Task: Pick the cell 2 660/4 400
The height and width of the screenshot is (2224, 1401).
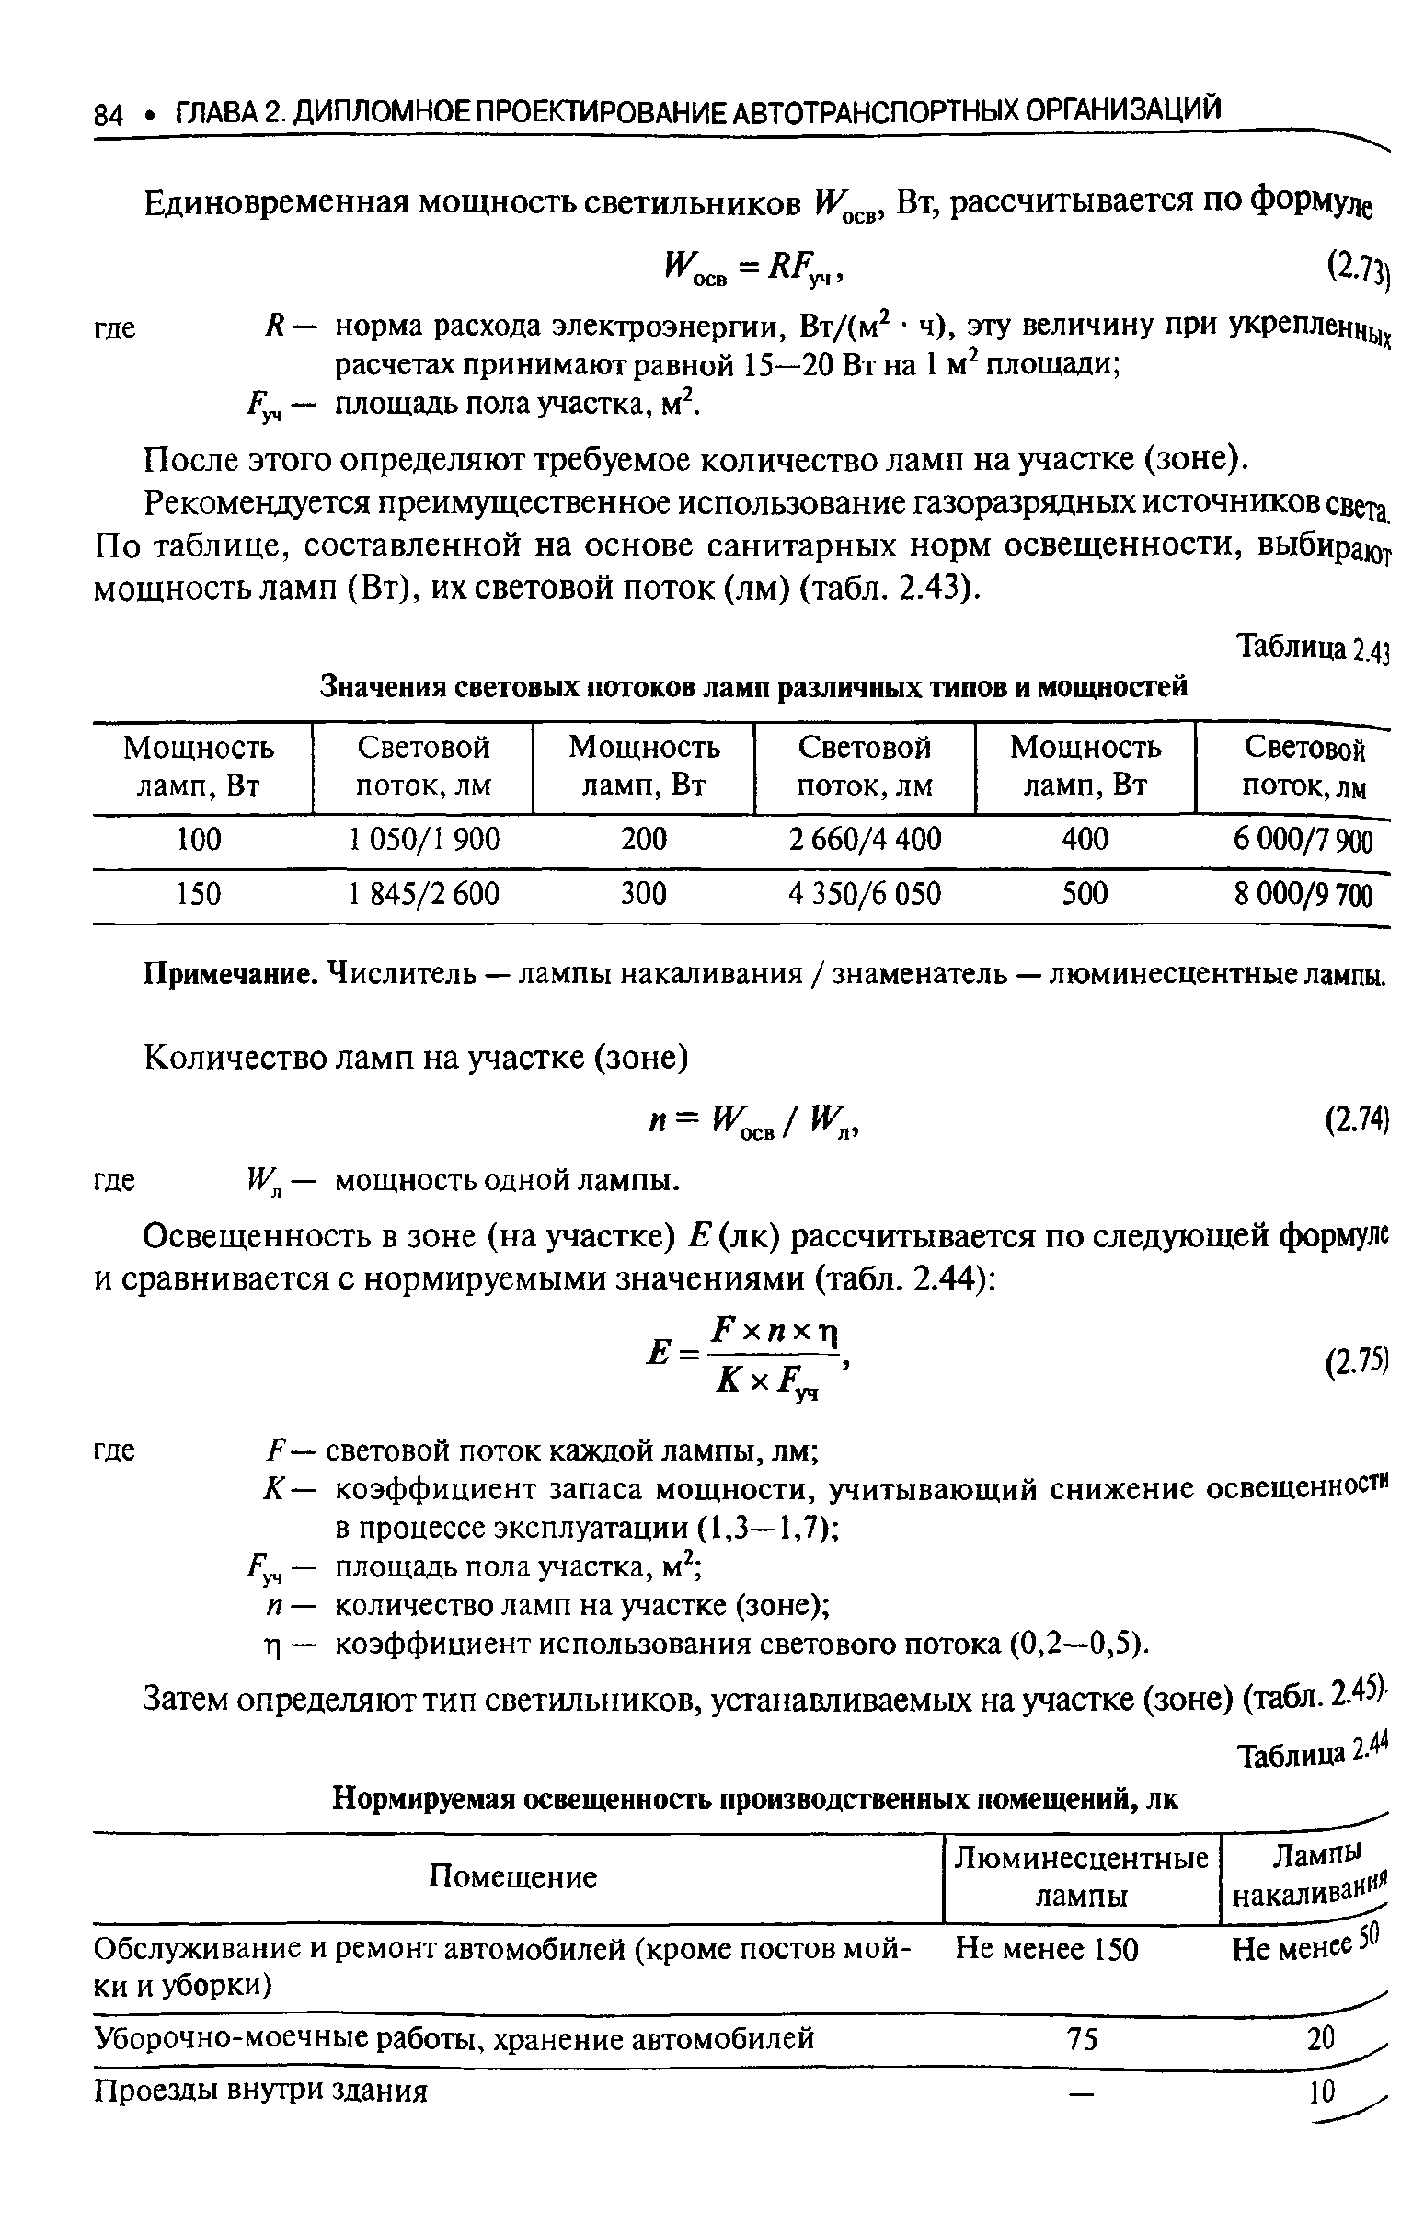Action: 865,840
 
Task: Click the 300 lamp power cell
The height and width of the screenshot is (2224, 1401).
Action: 643,894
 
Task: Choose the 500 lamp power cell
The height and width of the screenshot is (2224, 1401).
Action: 1085,894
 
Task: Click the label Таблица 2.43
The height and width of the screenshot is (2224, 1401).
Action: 1313,649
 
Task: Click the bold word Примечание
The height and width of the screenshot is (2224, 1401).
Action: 232,974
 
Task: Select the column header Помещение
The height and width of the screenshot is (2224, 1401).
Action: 514,1876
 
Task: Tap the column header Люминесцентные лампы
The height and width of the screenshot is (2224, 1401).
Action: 1081,1876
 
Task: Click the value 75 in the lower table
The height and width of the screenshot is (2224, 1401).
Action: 1082,2038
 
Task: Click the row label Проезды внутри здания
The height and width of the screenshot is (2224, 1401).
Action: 261,2091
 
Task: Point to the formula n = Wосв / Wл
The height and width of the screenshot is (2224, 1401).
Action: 755,1122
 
